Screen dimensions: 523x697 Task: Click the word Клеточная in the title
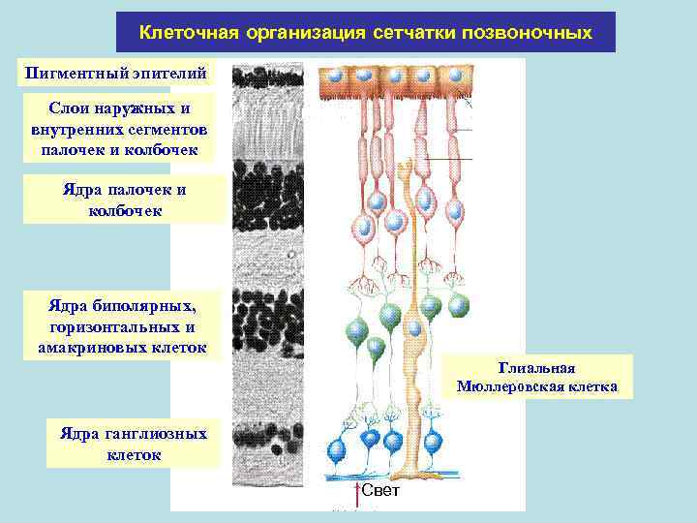point(189,33)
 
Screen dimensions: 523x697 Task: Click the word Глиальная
point(537,367)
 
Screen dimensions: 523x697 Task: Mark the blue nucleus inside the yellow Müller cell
point(414,329)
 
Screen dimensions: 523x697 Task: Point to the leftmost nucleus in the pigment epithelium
point(334,74)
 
